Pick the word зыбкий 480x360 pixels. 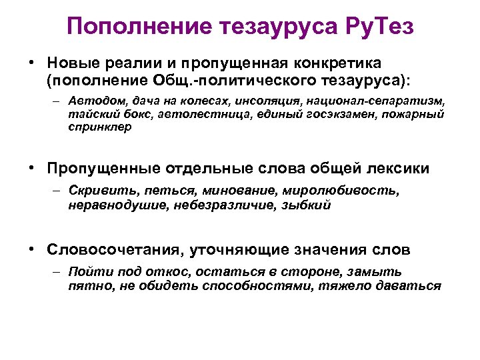click(x=307, y=205)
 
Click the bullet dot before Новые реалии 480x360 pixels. click(x=31, y=63)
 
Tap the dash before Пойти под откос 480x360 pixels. click(x=57, y=273)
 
